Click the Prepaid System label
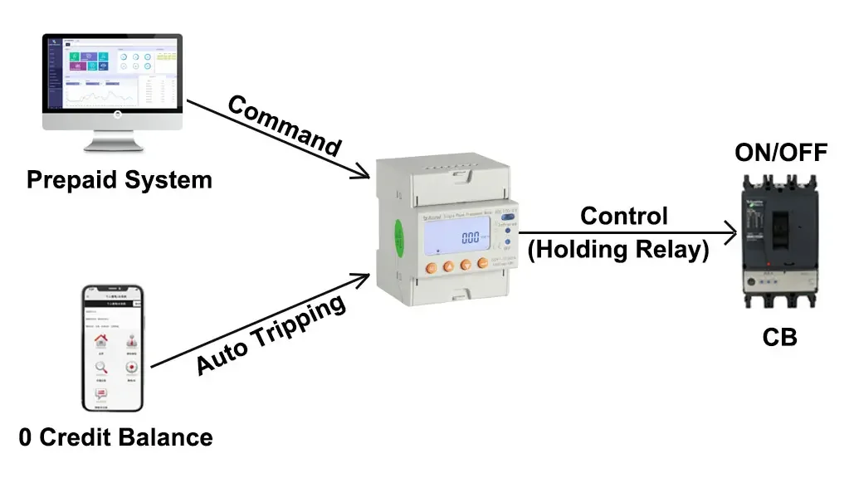(x=120, y=180)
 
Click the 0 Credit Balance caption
(x=115, y=438)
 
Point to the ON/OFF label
(x=781, y=152)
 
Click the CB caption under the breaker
(x=780, y=337)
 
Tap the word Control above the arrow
(x=623, y=216)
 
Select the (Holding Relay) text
(x=619, y=249)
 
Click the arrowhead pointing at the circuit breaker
(x=730, y=234)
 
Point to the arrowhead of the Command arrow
(x=364, y=175)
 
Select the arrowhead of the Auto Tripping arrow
(x=363, y=277)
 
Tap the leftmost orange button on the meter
(x=429, y=266)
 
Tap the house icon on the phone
(x=101, y=341)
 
